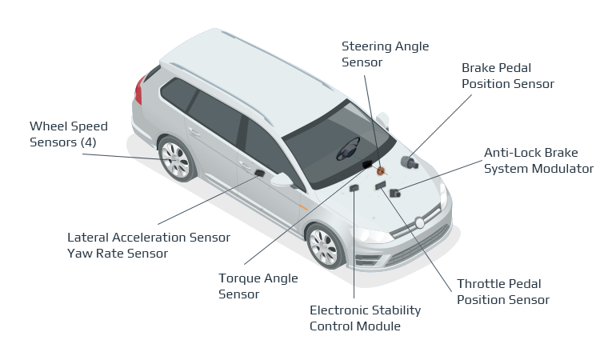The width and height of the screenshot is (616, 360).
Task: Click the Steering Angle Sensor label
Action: point(372,54)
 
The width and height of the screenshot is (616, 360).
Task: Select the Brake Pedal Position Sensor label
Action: point(507,76)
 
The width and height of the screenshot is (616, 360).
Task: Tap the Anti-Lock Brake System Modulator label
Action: point(538,160)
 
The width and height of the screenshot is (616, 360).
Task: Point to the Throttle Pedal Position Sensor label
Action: point(502,292)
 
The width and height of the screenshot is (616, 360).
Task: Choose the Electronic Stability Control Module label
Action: point(365,318)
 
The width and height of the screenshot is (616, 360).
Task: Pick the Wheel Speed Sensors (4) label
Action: point(68,134)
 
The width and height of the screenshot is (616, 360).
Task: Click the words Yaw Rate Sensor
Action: point(118,254)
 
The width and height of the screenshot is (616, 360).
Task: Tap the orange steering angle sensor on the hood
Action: point(381,170)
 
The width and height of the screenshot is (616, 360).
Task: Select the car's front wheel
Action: point(326,246)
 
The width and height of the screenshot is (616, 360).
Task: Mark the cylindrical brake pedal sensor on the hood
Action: point(410,162)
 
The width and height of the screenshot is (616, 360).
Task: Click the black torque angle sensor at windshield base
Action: point(367,164)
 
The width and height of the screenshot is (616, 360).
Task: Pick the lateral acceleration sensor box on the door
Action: point(259,173)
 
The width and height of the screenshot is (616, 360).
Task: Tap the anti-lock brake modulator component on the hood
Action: point(395,193)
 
